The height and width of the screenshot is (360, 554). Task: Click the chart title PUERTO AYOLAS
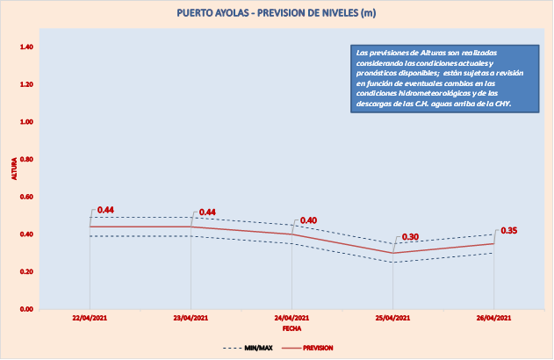pos(277,13)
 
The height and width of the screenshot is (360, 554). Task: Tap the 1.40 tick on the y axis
pos(27,47)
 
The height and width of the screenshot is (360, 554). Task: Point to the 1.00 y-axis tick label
pos(27,122)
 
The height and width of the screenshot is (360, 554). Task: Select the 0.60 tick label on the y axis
pos(27,197)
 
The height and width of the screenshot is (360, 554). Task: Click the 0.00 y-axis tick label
pos(27,309)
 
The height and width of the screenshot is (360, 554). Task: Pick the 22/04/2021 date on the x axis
pos(90,317)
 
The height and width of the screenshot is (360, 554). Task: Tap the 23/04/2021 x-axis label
pos(191,317)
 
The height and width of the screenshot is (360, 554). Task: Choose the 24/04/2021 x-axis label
pos(292,317)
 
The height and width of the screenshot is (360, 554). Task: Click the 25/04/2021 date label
pos(393,317)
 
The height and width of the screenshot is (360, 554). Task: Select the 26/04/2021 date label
pos(493,317)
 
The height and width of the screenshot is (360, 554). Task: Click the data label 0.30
pos(410,237)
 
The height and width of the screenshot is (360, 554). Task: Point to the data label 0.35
pos(508,231)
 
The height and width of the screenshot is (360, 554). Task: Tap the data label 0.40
pos(308,220)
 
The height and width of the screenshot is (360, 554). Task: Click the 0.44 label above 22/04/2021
pos(106,210)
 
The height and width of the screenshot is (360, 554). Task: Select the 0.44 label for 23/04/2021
pos(208,212)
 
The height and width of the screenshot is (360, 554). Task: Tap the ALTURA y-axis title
pos(13,169)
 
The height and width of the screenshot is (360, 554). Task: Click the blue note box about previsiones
pos(440,79)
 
